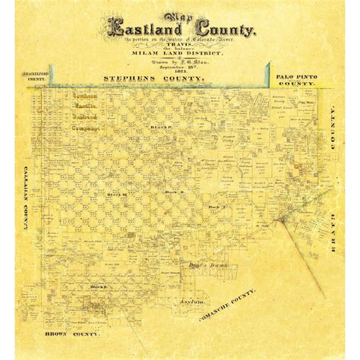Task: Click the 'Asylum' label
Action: tap(185, 302)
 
